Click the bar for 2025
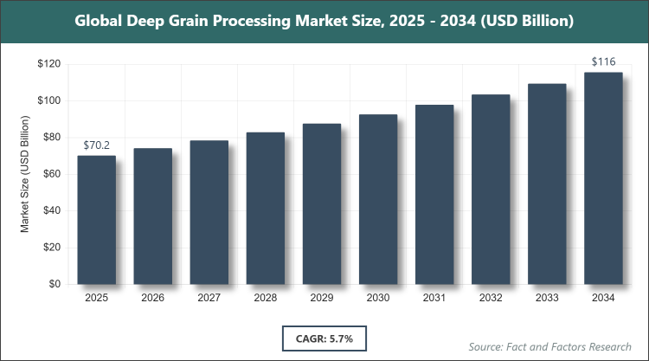click(x=98, y=220)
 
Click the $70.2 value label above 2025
click(x=99, y=146)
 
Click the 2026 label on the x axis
click(x=154, y=298)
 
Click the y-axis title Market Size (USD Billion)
click(x=26, y=174)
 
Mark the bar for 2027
click(x=210, y=212)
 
